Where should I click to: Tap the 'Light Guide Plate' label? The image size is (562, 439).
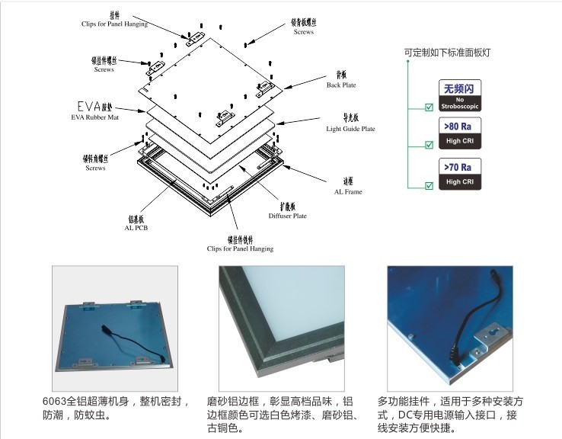[x=350, y=124]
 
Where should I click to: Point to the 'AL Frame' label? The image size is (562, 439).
[x=347, y=187]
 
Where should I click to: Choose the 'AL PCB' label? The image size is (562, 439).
[x=136, y=223]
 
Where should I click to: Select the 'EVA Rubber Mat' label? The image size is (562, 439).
[x=92, y=114]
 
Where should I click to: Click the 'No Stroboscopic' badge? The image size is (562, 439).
[x=459, y=95]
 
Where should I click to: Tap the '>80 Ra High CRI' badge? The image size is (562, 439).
[x=459, y=133]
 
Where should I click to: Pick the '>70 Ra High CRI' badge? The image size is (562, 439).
[x=459, y=173]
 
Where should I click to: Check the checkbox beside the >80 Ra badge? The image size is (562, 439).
[x=429, y=145]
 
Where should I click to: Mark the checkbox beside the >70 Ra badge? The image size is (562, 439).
[x=429, y=184]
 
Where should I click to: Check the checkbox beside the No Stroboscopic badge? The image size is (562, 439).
[x=429, y=106]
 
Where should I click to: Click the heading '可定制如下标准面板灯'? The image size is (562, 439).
[x=447, y=53]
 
